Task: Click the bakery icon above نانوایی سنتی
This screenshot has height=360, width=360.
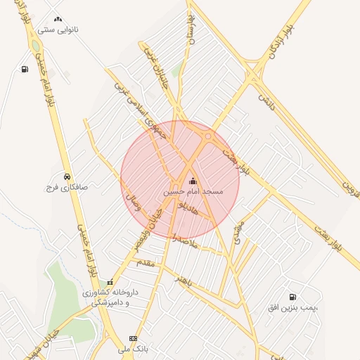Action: pyautogui.click(x=58, y=20)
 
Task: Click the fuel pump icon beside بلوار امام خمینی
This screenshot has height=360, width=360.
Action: pyautogui.click(x=25, y=69)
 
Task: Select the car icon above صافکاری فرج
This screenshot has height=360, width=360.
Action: pyautogui.click(x=66, y=176)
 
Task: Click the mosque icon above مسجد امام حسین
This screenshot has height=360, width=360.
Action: pyautogui.click(x=193, y=180)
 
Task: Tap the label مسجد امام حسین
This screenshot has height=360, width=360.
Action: pyautogui.click(x=193, y=191)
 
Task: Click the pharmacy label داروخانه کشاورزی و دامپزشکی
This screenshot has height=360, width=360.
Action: pyautogui.click(x=111, y=296)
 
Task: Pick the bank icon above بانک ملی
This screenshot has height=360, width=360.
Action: pyautogui.click(x=134, y=338)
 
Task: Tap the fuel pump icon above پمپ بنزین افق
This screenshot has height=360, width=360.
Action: pyautogui.click(x=292, y=297)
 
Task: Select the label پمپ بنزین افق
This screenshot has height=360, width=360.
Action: pyautogui.click(x=292, y=308)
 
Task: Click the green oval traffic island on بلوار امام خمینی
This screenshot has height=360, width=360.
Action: pyautogui.click(x=35, y=46)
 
